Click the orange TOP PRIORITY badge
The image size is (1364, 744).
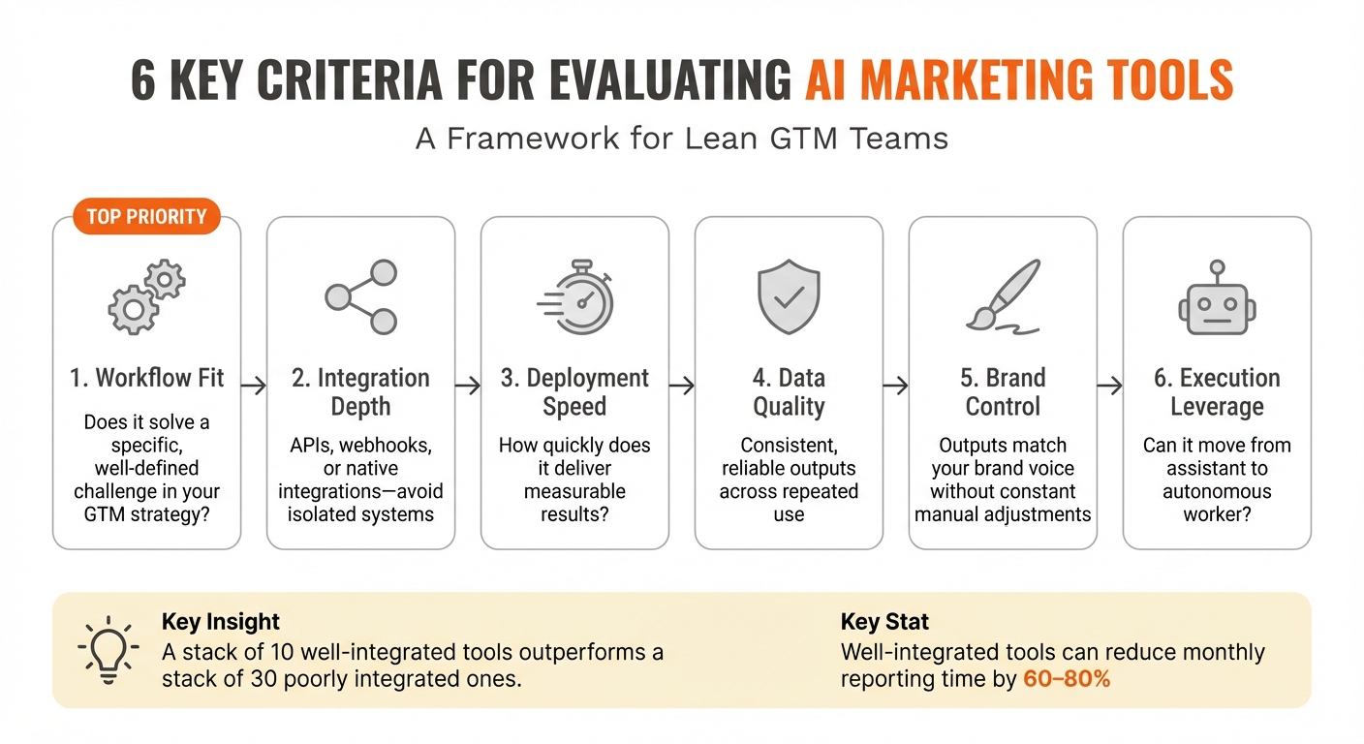(x=146, y=216)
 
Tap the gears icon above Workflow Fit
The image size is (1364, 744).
(x=146, y=295)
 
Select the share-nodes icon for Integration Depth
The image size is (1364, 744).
(x=360, y=296)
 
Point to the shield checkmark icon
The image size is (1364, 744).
(x=789, y=296)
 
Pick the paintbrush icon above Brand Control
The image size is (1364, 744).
(x=1003, y=296)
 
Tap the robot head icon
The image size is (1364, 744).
(x=1217, y=296)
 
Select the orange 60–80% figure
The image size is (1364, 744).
(x=1067, y=678)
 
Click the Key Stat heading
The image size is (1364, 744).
(x=884, y=621)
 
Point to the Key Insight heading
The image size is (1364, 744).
(x=221, y=621)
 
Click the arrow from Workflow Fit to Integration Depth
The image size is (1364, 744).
(x=254, y=386)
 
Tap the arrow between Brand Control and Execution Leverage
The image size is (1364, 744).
(x=1110, y=386)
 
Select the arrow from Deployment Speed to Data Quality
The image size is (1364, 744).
(x=682, y=386)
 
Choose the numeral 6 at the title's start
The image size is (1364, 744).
(x=143, y=80)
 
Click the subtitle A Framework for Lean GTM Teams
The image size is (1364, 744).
(x=682, y=139)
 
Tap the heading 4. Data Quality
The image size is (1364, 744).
(x=789, y=391)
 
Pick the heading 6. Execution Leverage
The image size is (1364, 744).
(x=1217, y=391)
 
